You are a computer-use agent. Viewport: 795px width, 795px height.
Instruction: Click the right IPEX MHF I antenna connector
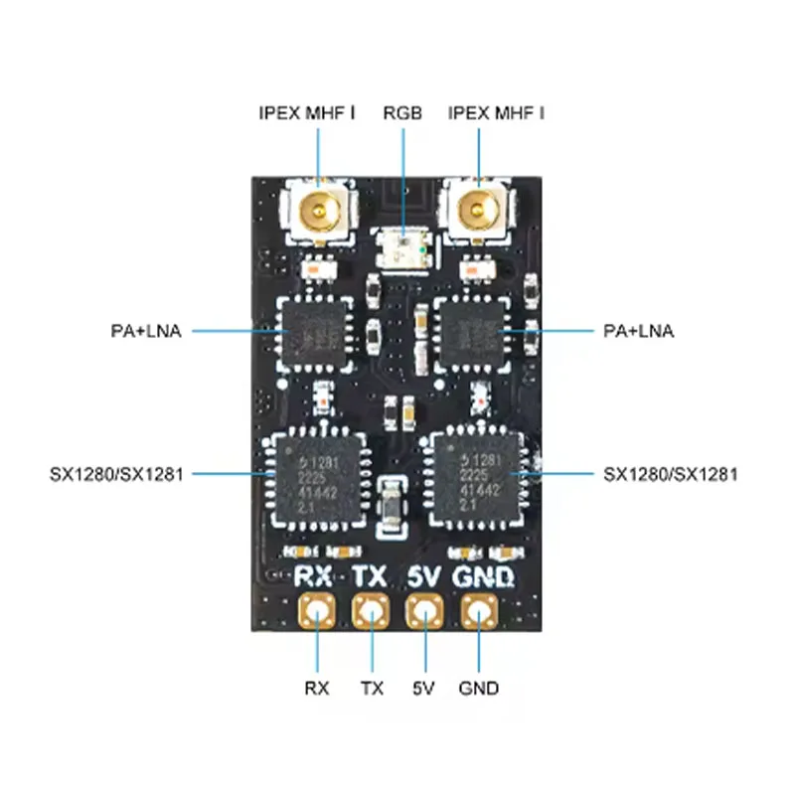[478, 210]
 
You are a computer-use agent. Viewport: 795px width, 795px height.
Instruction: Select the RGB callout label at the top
[402, 112]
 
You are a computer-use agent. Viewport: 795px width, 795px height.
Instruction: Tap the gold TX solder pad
[372, 611]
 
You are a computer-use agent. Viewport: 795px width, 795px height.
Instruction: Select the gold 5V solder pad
[425, 611]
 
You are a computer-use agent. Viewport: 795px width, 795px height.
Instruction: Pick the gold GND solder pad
[478, 611]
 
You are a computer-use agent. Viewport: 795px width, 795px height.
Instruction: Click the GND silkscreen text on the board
[484, 576]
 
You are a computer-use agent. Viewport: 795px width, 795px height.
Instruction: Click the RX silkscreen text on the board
[317, 576]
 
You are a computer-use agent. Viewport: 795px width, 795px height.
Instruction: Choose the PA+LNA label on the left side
[146, 331]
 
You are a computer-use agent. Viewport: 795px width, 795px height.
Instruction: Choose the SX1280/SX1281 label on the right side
[671, 474]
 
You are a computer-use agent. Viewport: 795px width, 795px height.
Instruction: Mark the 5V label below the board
[425, 688]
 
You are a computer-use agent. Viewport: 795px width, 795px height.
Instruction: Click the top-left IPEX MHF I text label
[307, 112]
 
